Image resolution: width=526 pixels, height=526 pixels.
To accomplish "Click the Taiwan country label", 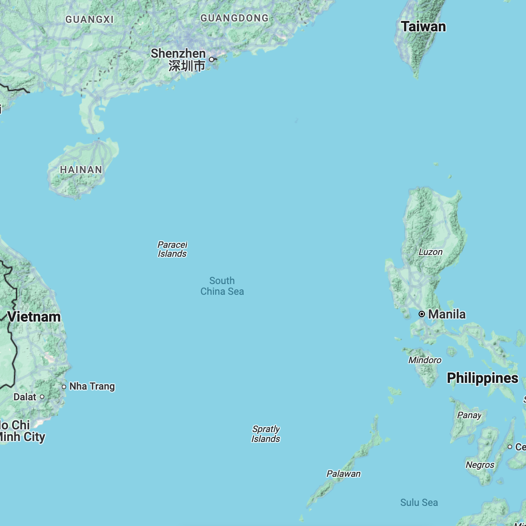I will pyautogui.click(x=423, y=27).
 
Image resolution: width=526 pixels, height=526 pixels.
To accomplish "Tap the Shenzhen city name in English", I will pyautogui.click(x=178, y=54).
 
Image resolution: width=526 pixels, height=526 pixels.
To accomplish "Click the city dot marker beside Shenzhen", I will pyautogui.click(x=212, y=59).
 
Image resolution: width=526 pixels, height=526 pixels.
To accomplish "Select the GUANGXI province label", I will pyautogui.click(x=89, y=19).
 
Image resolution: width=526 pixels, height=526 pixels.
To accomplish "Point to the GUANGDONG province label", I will pyautogui.click(x=234, y=18).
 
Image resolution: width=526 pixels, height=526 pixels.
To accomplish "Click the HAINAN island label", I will pyautogui.click(x=81, y=170).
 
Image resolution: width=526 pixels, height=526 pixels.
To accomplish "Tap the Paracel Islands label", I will pyautogui.click(x=172, y=249).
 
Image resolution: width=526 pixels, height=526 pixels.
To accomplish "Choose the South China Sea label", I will pyautogui.click(x=222, y=286).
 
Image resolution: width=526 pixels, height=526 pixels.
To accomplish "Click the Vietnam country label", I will pyautogui.click(x=34, y=317).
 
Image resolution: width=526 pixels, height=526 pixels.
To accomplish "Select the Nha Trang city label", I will pyautogui.click(x=92, y=386).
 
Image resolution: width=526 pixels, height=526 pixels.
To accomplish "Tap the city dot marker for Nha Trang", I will pyautogui.click(x=64, y=387).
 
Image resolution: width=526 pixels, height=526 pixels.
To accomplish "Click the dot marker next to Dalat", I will pyautogui.click(x=42, y=397).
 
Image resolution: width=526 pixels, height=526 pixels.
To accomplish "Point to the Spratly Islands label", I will pyautogui.click(x=266, y=434).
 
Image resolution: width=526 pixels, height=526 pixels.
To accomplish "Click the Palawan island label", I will pyautogui.click(x=344, y=474).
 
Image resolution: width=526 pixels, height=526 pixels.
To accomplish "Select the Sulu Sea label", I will pyautogui.click(x=419, y=503).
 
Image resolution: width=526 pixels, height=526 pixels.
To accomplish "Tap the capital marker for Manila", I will pyautogui.click(x=421, y=314).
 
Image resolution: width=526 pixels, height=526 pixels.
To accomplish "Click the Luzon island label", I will pyautogui.click(x=430, y=252).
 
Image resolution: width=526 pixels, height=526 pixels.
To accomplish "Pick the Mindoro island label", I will pyautogui.click(x=425, y=360).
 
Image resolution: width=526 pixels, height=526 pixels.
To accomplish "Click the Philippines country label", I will pyautogui.click(x=483, y=378).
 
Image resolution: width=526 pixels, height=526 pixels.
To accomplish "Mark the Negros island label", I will pyautogui.click(x=480, y=465).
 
